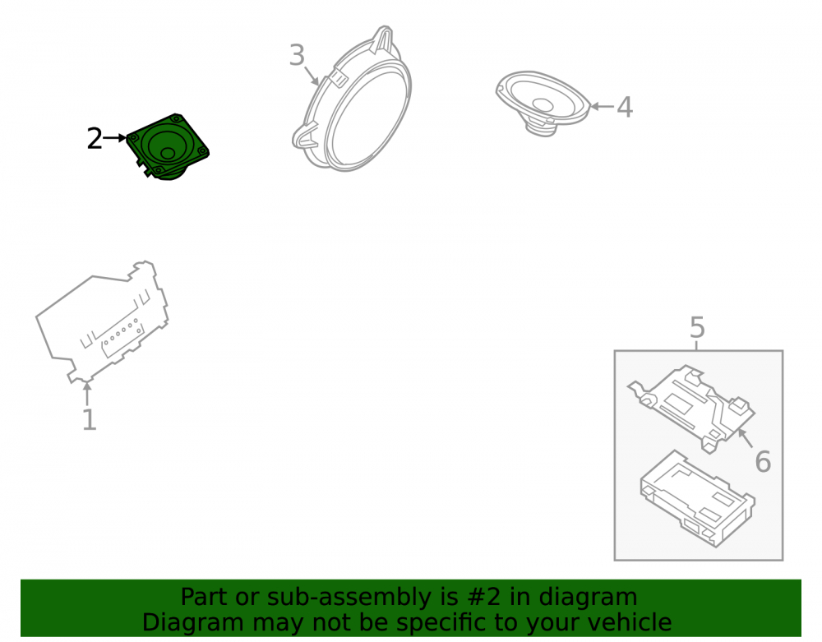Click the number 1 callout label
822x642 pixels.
click(90, 420)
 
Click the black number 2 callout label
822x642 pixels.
click(95, 139)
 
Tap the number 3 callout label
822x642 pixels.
click(297, 55)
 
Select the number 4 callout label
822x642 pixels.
click(625, 107)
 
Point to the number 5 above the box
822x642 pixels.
click(697, 327)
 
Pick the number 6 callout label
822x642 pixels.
click(763, 462)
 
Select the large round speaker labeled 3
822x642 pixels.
click(353, 99)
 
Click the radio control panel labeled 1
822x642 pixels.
click(102, 322)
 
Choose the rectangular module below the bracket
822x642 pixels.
click(697, 498)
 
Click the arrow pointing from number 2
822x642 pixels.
click(115, 138)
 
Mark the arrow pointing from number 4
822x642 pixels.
click(602, 106)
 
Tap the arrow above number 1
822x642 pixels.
click(87, 394)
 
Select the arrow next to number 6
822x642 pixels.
click(746, 438)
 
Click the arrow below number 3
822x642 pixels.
click(312, 76)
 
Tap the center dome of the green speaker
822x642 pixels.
click(168, 153)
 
